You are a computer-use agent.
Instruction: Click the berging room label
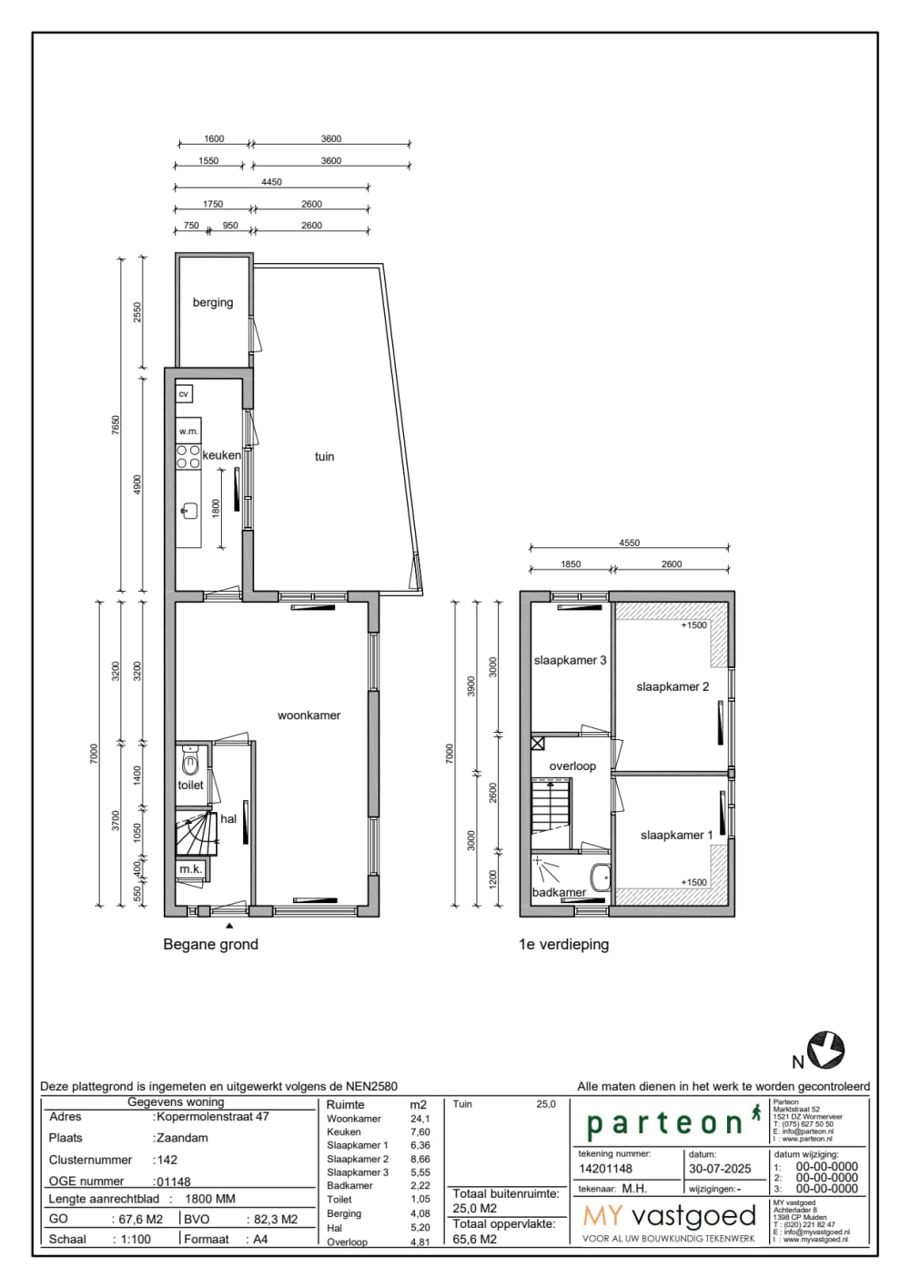tap(213, 302)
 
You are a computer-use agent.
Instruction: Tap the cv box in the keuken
tap(184, 394)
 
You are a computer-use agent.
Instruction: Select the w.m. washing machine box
tap(188, 431)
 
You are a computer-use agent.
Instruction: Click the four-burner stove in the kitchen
tap(188, 457)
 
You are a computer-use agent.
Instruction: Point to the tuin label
tap(324, 457)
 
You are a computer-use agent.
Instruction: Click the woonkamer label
tap(308, 715)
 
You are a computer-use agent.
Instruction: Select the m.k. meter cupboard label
tap(190, 869)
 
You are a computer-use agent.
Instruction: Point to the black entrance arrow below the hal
tap(229, 925)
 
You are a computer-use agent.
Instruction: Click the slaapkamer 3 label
tap(570, 661)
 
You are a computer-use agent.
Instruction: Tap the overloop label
tap(572, 766)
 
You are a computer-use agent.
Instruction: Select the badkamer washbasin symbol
tap(600, 877)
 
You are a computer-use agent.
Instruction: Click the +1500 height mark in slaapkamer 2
tap(693, 625)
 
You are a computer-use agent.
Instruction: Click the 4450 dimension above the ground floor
tap(271, 182)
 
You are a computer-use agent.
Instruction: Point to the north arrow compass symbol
tap(826, 1050)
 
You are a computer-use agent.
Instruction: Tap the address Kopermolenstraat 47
tap(213, 1117)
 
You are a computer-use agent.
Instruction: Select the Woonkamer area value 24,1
tap(420, 1119)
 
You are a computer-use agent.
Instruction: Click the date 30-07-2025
tap(720, 1169)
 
